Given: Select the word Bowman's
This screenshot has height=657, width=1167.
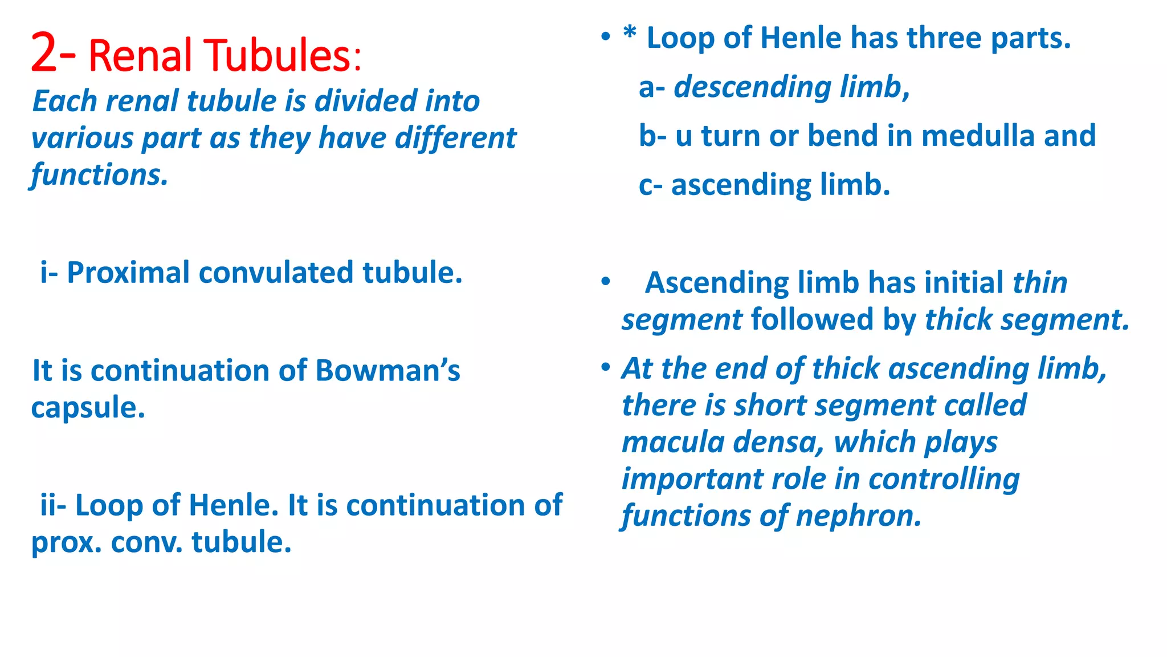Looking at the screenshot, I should point(387,371).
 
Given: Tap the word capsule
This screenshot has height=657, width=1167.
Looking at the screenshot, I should point(88,408).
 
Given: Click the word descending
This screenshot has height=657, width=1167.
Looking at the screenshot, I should point(752,87).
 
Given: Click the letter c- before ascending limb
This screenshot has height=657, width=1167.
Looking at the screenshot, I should point(651,185).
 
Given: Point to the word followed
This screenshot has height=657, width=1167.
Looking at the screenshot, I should point(813,319).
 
